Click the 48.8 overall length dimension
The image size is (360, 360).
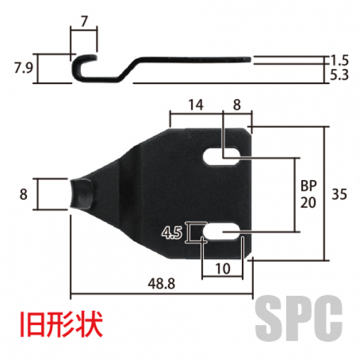(160, 284)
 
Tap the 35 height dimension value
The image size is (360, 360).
(340, 194)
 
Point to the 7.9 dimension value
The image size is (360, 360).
(23, 67)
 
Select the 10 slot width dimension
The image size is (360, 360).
(222, 269)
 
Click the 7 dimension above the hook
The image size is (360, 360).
(84, 22)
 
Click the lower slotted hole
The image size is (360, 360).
(222, 232)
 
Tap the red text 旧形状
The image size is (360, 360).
(60, 324)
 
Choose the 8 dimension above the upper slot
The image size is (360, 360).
(236, 104)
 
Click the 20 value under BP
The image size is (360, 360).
(308, 202)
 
